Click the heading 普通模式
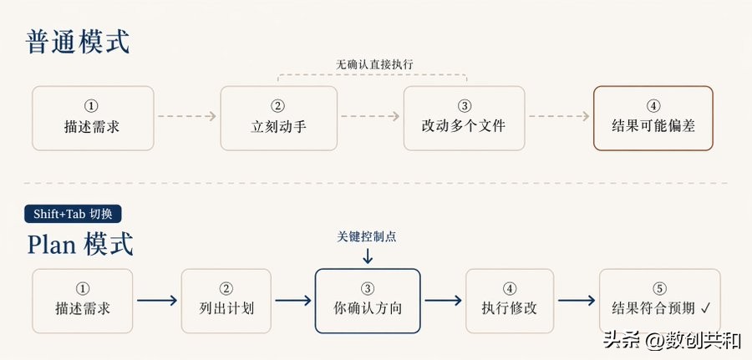pyautogui.click(x=79, y=41)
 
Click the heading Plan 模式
pyautogui.click(x=80, y=244)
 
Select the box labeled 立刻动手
pyautogui.click(x=278, y=118)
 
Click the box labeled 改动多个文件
pyautogui.click(x=464, y=118)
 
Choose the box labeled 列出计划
pyautogui.click(x=226, y=300)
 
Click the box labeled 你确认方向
pyautogui.click(x=367, y=300)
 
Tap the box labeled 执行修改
pyautogui.click(x=509, y=300)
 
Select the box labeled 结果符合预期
pyautogui.click(x=659, y=300)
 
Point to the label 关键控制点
pyautogui.click(x=368, y=236)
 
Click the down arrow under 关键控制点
pyautogui.click(x=368, y=256)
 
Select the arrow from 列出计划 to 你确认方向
pyautogui.click(x=292, y=301)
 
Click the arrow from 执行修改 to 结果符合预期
pyautogui.click(x=577, y=301)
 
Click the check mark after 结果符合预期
pyautogui.click(x=705, y=308)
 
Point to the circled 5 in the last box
pyautogui.click(x=659, y=288)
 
